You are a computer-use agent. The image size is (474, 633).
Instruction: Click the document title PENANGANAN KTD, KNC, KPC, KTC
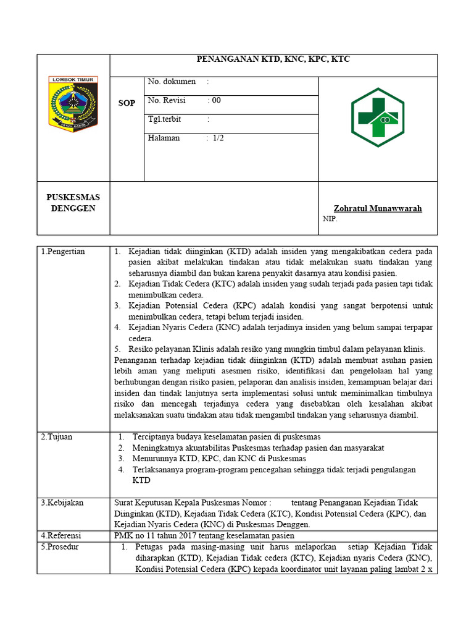(273, 59)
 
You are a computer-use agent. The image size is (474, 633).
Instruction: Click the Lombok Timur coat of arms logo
(73, 103)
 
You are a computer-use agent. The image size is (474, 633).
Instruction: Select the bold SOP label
(127, 103)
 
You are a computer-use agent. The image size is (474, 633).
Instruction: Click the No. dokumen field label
(172, 82)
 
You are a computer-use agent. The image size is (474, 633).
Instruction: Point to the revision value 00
(216, 100)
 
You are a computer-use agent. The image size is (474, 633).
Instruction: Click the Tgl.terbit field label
(168, 119)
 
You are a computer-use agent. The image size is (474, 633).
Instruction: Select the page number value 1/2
(218, 138)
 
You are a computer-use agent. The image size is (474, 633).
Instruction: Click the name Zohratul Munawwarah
(378, 208)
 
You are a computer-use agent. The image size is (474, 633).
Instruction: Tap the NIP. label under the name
(330, 218)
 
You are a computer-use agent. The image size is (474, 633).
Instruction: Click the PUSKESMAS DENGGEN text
(73, 203)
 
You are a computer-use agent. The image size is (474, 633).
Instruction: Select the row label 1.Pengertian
(63, 252)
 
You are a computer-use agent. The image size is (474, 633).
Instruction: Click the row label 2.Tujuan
(57, 436)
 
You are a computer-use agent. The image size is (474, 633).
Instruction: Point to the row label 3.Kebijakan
(62, 503)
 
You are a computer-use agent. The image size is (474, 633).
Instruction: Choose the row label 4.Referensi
(61, 535)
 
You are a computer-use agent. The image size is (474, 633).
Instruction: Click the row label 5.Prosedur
(60, 547)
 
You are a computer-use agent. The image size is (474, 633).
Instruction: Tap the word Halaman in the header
(164, 138)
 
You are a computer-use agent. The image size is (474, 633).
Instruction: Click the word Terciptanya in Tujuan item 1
(154, 436)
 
